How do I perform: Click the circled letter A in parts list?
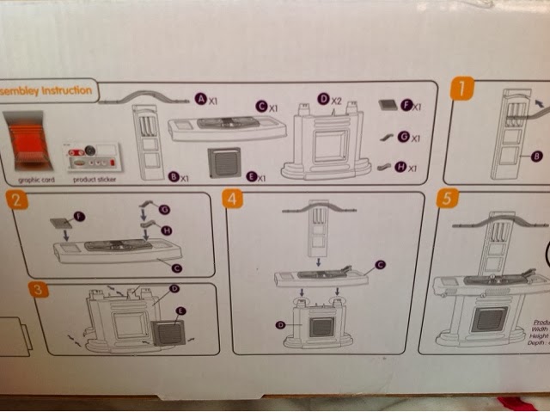(200, 100)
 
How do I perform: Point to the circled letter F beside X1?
(406, 107)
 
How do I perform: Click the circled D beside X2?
(324, 101)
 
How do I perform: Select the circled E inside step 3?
(180, 309)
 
